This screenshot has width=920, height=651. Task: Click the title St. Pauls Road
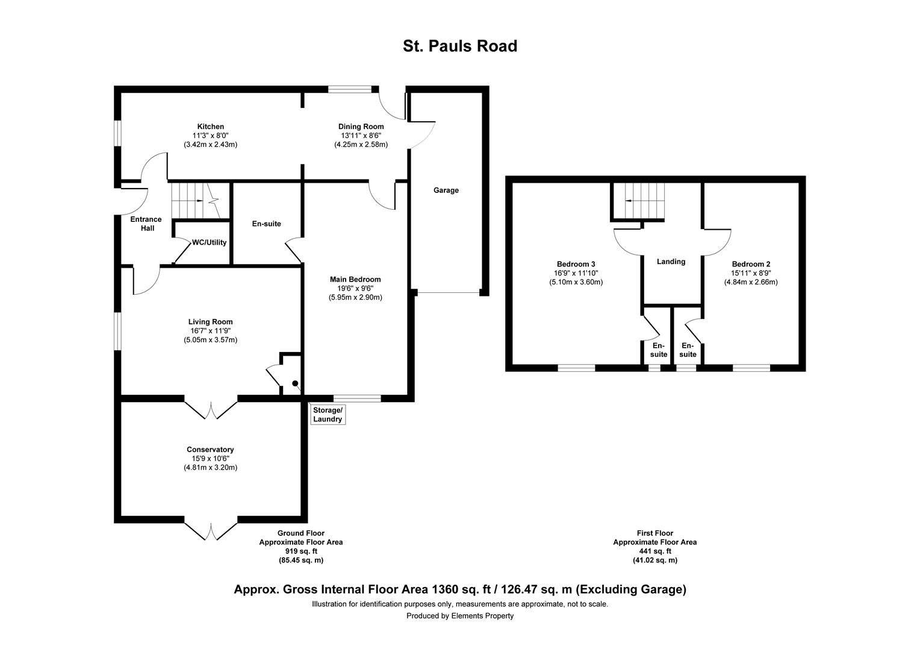(460, 46)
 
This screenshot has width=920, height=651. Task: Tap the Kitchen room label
(210, 127)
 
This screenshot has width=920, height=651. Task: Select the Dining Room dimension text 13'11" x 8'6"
(361, 136)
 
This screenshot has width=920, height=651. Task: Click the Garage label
(446, 190)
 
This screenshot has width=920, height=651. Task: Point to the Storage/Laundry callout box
(328, 415)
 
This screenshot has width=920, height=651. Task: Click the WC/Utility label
(209, 243)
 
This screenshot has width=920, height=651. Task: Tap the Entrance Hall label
(146, 224)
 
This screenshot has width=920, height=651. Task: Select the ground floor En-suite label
(266, 224)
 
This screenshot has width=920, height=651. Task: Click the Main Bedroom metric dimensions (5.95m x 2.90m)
(355, 297)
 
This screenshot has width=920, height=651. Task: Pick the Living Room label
(210, 322)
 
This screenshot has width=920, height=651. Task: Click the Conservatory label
(210, 450)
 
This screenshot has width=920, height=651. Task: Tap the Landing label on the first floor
(671, 262)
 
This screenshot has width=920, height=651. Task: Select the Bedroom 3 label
(576, 264)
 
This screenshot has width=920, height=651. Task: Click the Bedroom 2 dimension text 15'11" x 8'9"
(751, 272)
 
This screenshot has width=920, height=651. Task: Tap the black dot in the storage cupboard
(295, 383)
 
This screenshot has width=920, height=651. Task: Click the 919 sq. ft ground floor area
(300, 551)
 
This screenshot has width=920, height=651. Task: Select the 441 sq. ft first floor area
(654, 551)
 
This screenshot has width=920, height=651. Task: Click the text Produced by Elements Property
(460, 616)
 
